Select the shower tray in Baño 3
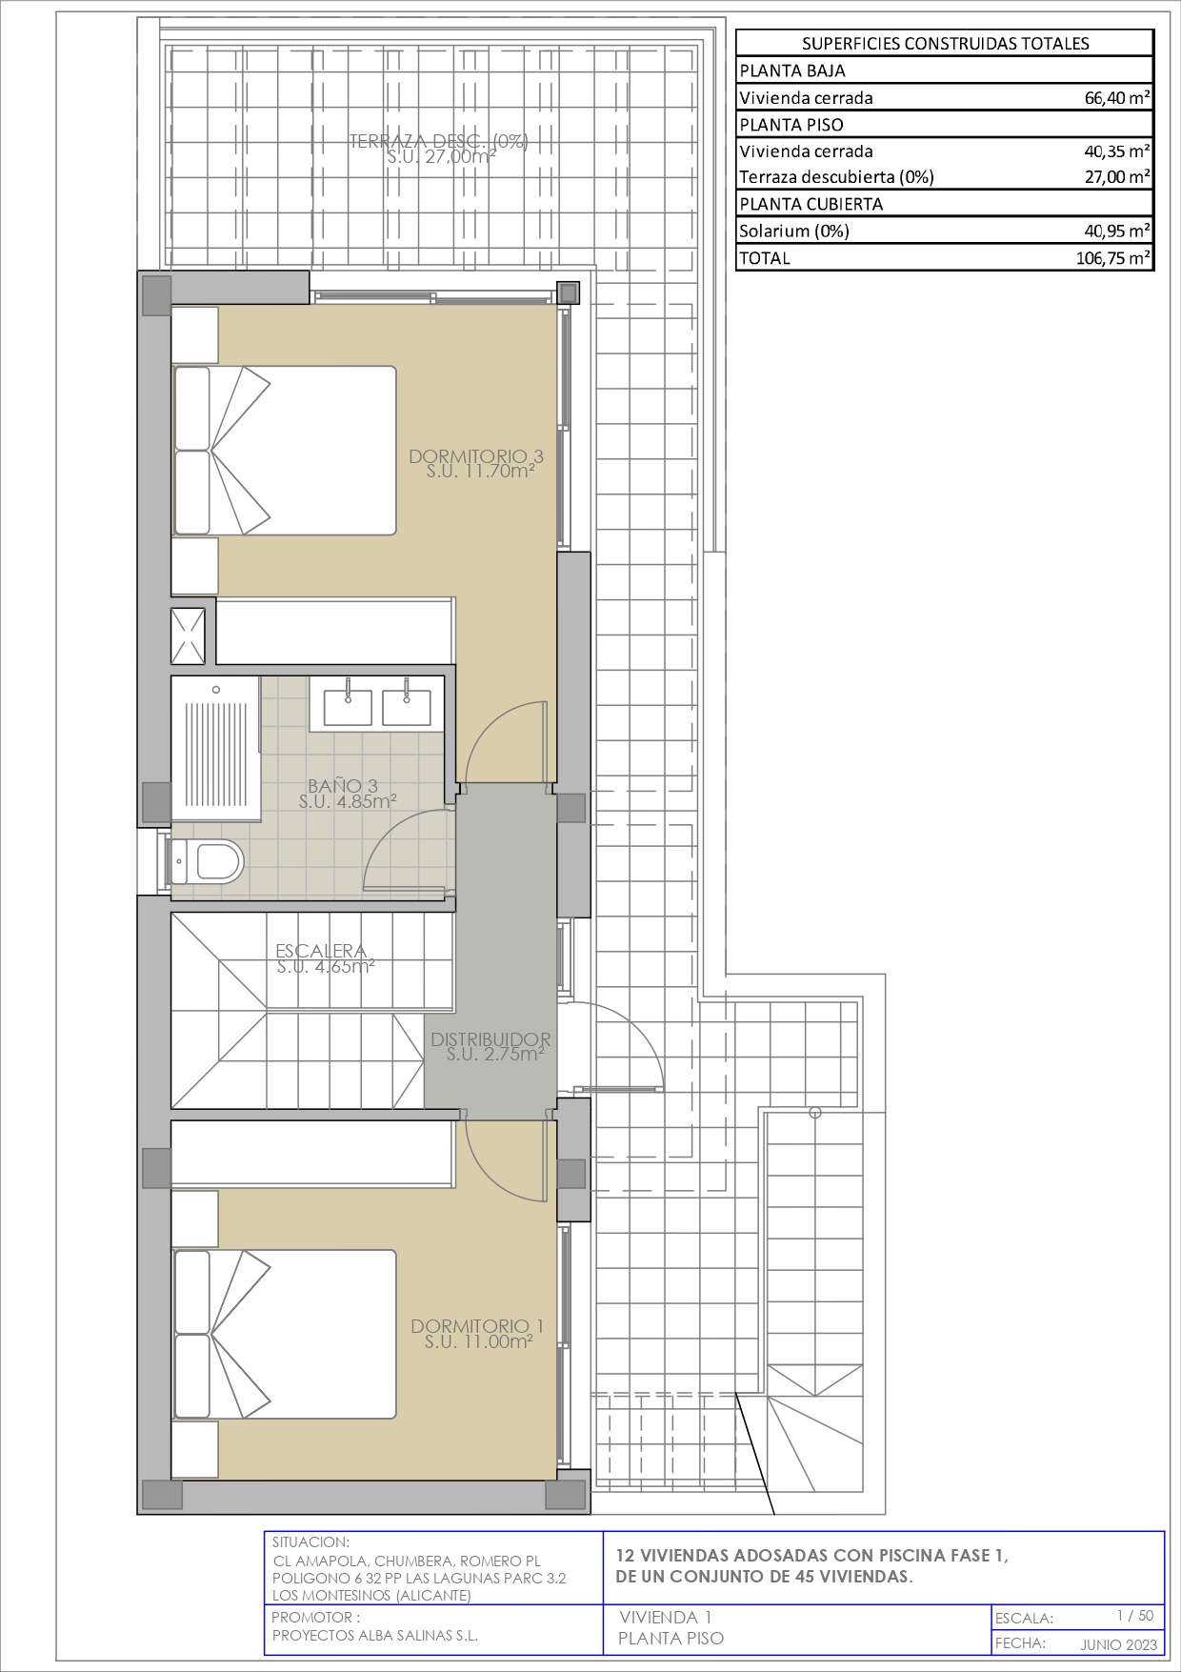click(x=216, y=749)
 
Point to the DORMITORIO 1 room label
click(x=477, y=1333)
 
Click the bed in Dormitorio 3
click(x=284, y=451)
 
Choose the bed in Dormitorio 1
click(x=284, y=1335)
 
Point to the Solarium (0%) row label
click(x=794, y=231)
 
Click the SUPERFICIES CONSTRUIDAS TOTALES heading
click(x=946, y=43)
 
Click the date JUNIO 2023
click(x=1118, y=1644)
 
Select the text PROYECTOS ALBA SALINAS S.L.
click(x=374, y=1635)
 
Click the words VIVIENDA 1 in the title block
click(x=665, y=1617)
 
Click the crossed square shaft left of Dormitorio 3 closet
click(x=189, y=635)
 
